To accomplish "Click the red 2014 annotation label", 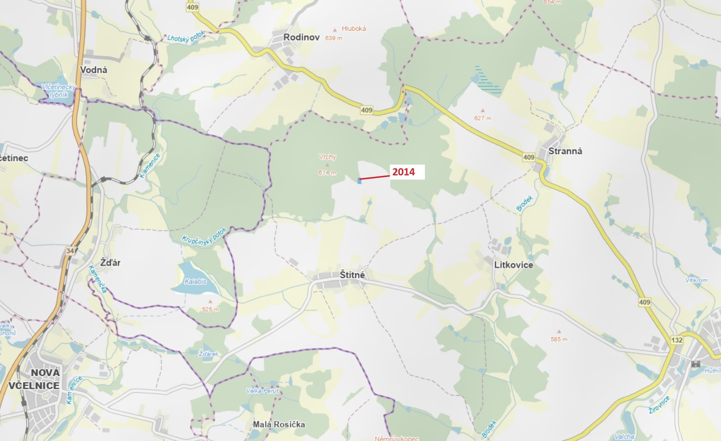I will point(403,172).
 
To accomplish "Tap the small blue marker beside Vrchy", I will point(359,181).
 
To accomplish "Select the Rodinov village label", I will point(301,37).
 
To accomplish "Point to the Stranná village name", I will point(565,151).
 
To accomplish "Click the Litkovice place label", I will point(514,265).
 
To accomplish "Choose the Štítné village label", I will point(352,275).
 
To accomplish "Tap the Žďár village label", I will point(110,262).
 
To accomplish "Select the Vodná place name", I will point(94,70).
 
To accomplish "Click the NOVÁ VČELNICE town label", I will point(34,379).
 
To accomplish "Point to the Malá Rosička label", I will point(279,424).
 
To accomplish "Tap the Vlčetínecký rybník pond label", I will point(59,91).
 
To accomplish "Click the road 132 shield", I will point(677,340).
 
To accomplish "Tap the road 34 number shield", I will point(70,251).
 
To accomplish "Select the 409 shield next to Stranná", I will point(529,157).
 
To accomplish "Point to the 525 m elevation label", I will point(210,309).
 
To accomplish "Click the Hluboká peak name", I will point(354,29).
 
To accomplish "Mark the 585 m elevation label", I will point(559,339).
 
